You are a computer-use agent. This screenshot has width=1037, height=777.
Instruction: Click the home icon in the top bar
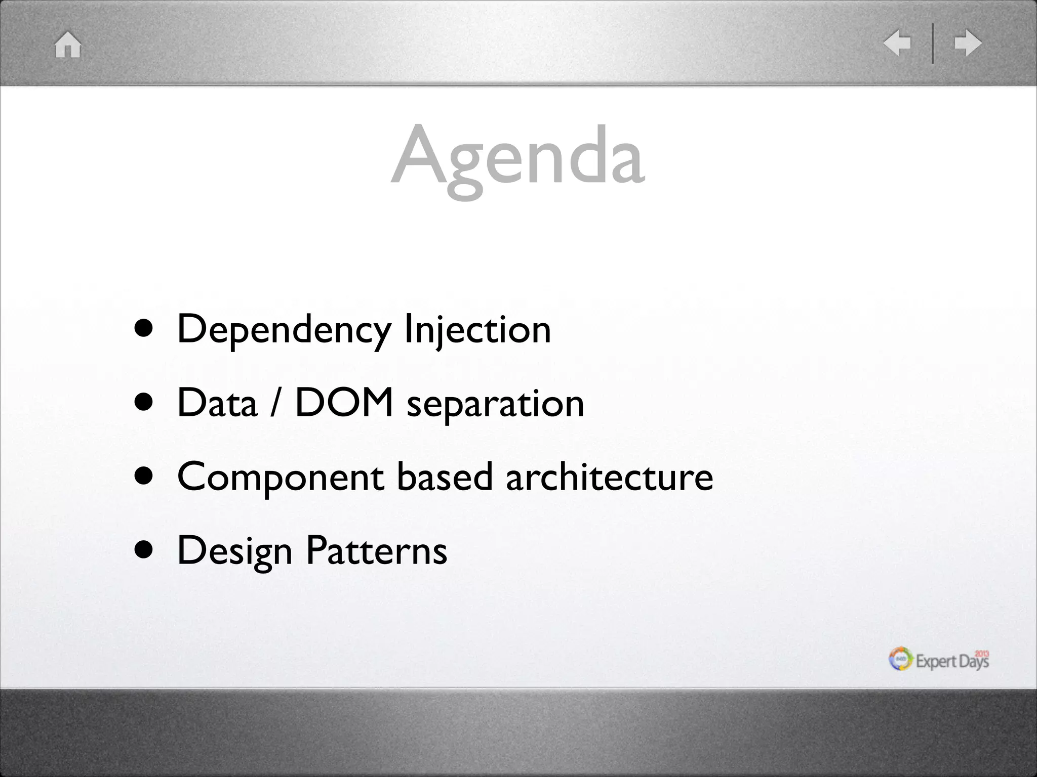click(x=68, y=45)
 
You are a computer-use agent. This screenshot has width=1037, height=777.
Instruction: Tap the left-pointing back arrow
click(x=897, y=43)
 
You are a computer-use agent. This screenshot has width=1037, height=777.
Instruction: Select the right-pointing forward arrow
click(x=968, y=43)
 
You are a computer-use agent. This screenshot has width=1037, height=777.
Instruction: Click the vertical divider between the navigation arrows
click(x=932, y=43)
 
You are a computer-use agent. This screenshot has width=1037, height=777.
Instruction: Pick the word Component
click(x=281, y=478)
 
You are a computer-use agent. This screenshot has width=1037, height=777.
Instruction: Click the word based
click(x=445, y=477)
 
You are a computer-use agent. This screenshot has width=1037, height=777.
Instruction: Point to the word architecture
click(x=610, y=477)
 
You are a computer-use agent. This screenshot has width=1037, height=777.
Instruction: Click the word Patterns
click(x=377, y=550)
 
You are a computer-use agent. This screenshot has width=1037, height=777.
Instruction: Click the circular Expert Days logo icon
click(x=901, y=659)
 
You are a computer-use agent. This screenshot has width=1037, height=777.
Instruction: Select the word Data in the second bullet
click(x=217, y=403)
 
